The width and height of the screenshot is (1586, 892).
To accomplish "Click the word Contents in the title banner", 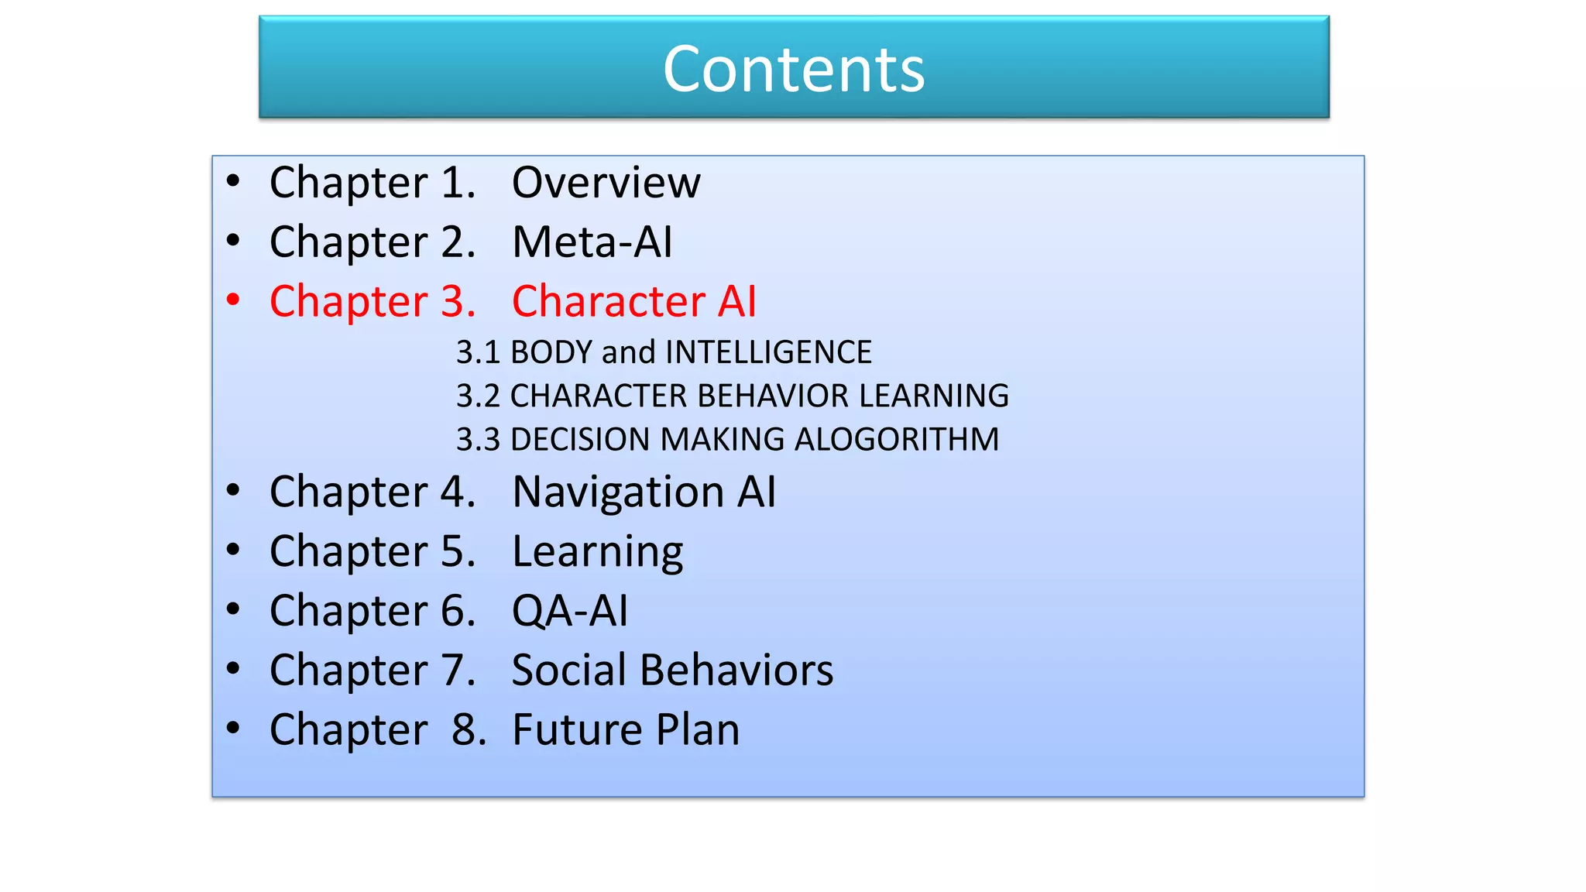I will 794,69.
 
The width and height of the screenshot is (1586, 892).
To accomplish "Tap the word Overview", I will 606,183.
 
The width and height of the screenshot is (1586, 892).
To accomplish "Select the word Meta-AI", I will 592,242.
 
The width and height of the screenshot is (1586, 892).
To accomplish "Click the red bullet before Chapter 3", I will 233,300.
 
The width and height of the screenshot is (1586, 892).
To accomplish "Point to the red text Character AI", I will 633,301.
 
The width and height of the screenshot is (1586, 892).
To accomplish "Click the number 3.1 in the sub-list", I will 477,352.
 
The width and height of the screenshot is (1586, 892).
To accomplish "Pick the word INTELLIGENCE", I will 768,352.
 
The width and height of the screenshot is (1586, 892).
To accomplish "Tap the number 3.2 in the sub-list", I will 477,396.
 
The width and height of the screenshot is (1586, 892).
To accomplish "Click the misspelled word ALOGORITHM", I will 897,440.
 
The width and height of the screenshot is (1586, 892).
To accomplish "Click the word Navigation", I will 618,492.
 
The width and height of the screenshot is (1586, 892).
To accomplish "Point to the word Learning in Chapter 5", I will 597,552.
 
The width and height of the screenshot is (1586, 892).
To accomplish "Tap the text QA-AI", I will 570,611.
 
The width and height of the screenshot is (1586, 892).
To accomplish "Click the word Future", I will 577,729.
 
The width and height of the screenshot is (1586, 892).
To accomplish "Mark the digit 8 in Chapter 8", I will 464,729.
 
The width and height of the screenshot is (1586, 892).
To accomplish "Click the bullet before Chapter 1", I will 233,182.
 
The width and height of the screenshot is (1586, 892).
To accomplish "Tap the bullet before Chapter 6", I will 233,610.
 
